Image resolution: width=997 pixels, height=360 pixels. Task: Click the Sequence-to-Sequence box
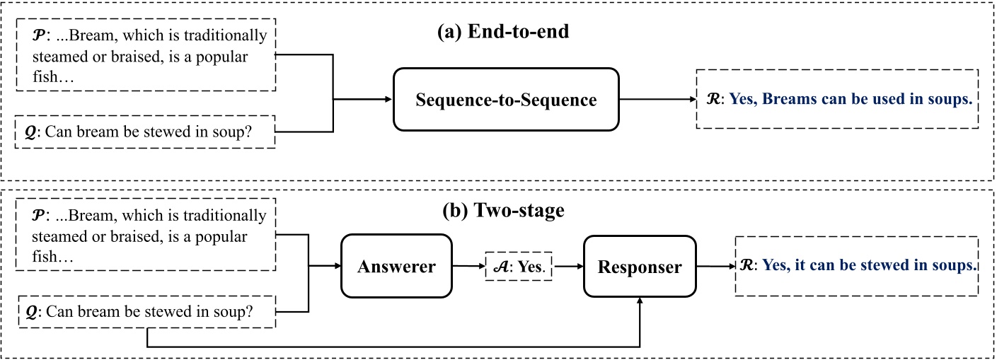506,100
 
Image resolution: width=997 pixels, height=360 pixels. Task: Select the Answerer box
396,267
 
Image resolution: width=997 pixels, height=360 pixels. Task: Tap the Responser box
639,267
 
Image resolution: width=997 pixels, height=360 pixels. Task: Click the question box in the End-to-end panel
144,132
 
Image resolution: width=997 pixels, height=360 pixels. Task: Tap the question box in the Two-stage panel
144,311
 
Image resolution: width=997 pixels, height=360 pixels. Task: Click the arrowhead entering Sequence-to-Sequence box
388,100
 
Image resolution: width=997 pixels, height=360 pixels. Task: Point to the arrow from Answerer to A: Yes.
467,267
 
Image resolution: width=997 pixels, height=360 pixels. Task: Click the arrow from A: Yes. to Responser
569,267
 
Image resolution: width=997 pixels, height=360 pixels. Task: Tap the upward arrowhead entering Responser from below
640,301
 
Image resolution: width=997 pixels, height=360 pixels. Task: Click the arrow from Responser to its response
715,266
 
